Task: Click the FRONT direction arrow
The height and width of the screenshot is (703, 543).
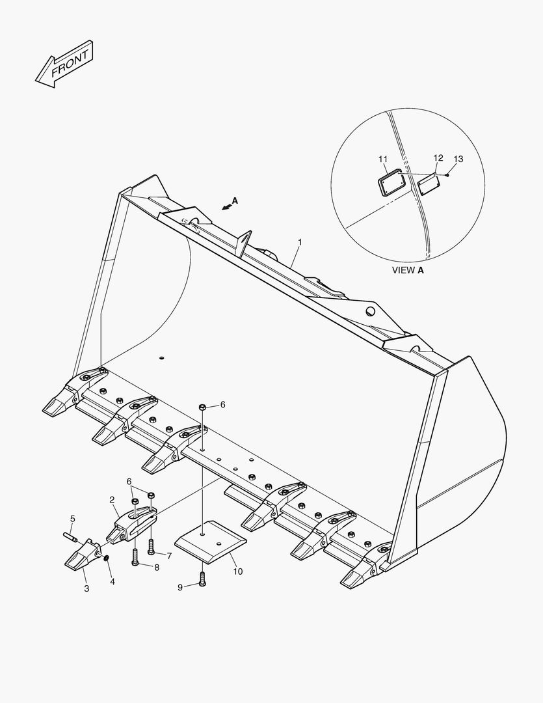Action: pyautogui.click(x=64, y=64)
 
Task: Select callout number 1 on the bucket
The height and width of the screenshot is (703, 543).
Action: pyautogui.click(x=300, y=242)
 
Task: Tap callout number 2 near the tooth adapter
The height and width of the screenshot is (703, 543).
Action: pyautogui.click(x=112, y=499)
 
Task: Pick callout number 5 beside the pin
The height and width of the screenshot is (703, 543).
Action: pyautogui.click(x=72, y=519)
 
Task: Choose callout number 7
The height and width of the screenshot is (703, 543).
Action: pyautogui.click(x=168, y=555)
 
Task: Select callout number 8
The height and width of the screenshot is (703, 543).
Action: pyautogui.click(x=157, y=568)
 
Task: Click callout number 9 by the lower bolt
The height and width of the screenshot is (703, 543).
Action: pyautogui.click(x=180, y=587)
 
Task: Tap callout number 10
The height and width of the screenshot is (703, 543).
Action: pyautogui.click(x=237, y=572)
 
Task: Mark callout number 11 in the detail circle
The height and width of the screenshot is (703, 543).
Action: pyautogui.click(x=382, y=159)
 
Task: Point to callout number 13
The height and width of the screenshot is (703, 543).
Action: pyautogui.click(x=458, y=159)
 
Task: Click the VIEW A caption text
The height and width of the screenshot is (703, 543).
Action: pyautogui.click(x=408, y=270)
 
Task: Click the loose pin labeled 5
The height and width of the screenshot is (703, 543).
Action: pyautogui.click(x=70, y=537)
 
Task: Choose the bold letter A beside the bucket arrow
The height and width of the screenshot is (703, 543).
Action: pyautogui.click(x=235, y=201)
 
